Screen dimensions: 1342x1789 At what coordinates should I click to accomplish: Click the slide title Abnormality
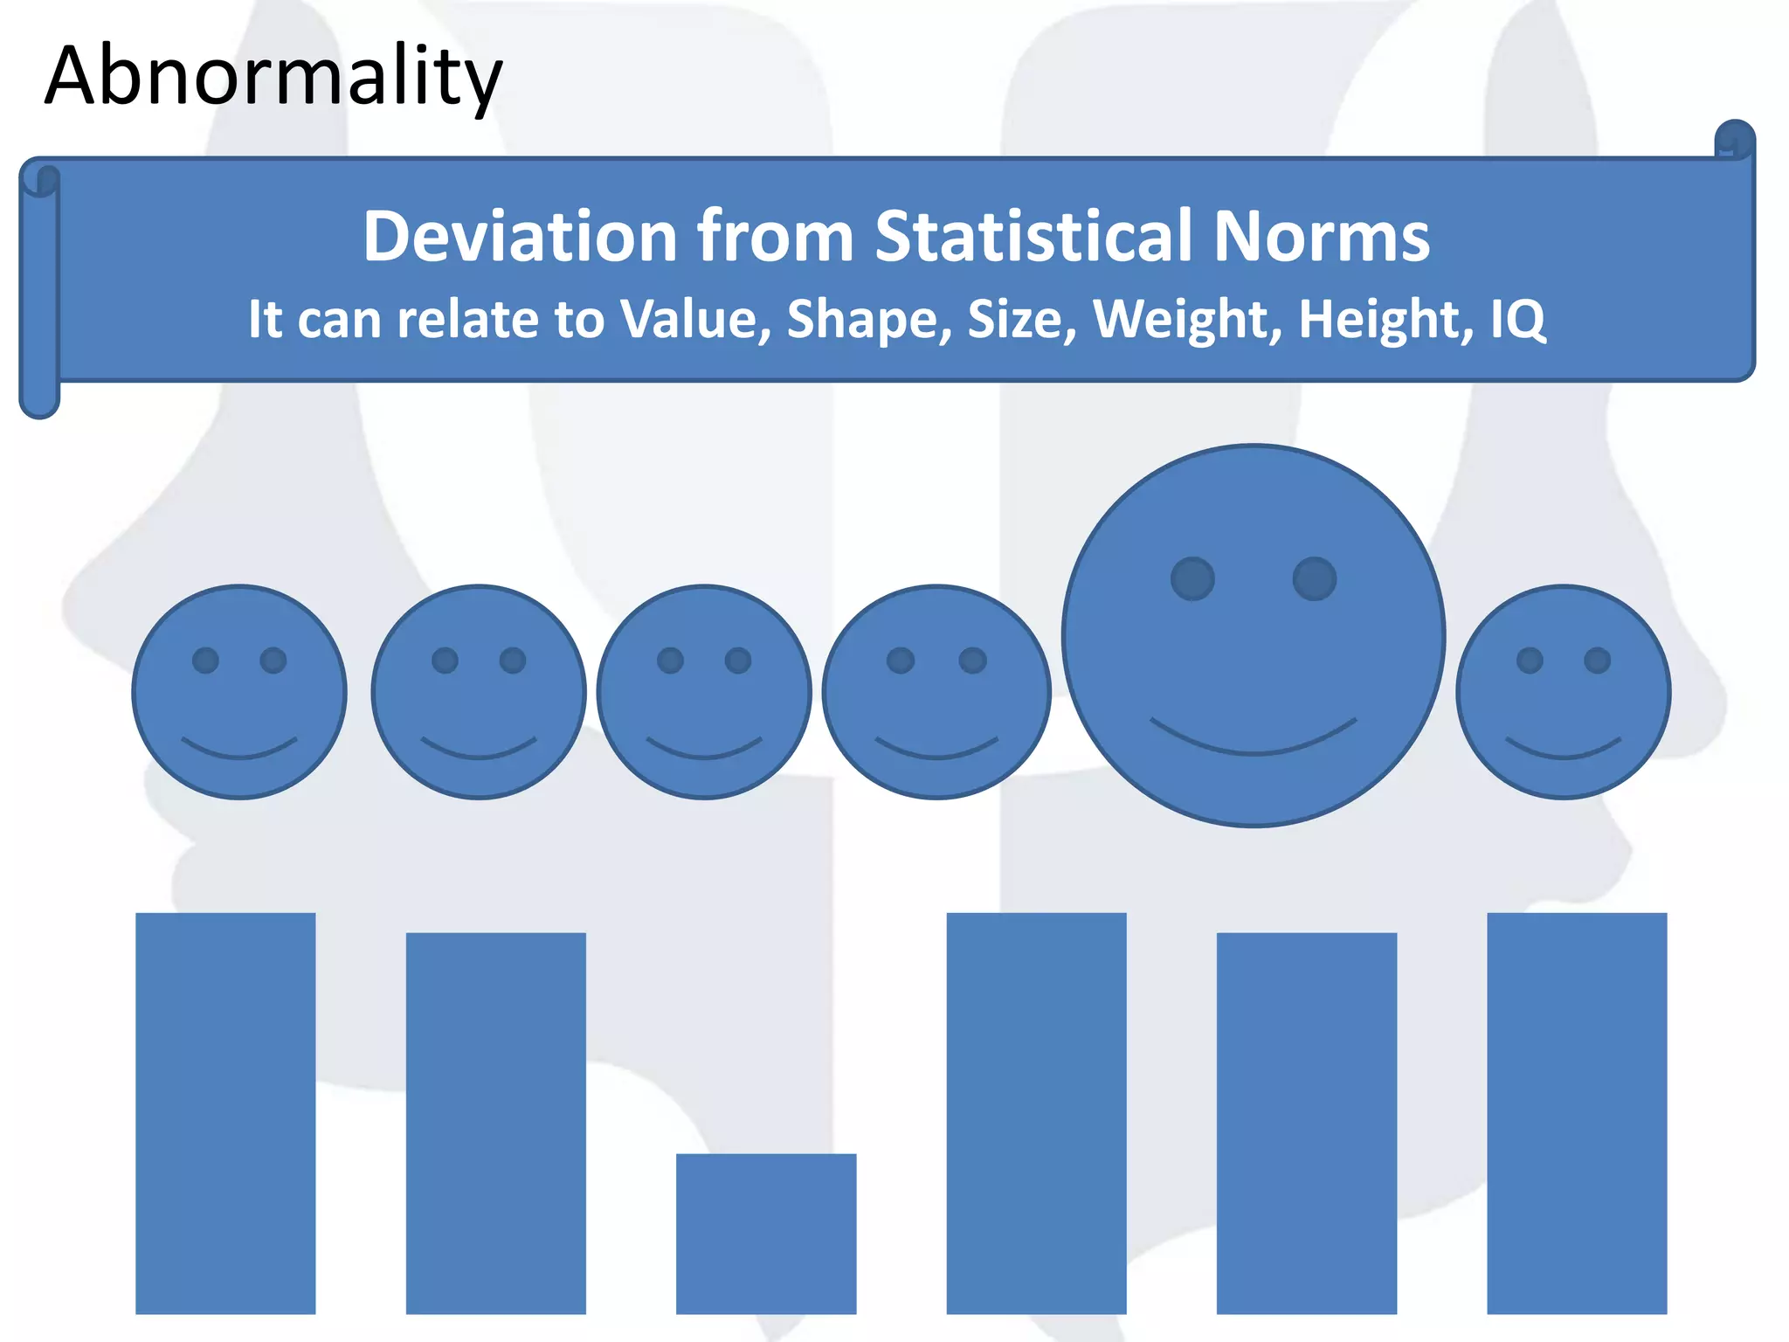[x=273, y=77]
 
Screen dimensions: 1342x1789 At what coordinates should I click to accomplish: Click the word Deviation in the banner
[x=521, y=236]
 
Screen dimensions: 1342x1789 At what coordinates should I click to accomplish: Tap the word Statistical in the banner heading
[x=1033, y=236]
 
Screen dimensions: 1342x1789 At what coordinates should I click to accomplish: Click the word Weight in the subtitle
[x=1186, y=320]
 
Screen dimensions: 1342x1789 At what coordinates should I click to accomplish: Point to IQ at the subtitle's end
[x=1517, y=320]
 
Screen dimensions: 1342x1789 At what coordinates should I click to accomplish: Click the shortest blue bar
[x=766, y=1233]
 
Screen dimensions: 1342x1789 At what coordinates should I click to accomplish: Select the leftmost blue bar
[x=225, y=1112]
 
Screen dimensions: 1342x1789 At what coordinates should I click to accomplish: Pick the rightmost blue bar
[x=1577, y=1112]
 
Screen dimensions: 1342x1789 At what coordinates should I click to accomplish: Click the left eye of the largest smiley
[x=1192, y=578]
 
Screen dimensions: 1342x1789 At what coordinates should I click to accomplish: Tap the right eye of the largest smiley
[x=1314, y=578]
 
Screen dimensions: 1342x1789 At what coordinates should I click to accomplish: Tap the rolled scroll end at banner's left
[x=39, y=288]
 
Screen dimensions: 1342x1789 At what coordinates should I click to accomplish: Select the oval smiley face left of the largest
[x=936, y=692]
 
